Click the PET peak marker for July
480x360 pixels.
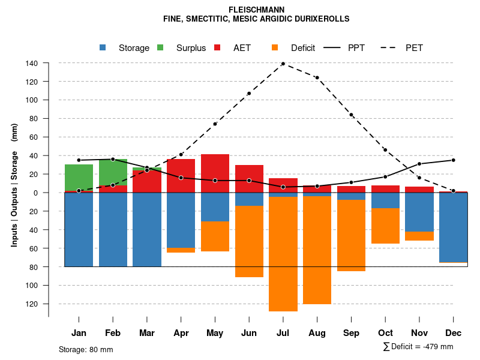pos(283,64)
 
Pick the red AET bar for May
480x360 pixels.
pos(215,173)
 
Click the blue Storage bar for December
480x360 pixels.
pos(453,227)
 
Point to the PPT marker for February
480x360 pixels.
pos(113,159)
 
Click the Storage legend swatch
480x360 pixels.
pos(104,47)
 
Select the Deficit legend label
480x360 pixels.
pos(302,48)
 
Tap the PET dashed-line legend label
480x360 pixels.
pos(414,48)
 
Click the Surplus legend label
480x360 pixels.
pos(191,48)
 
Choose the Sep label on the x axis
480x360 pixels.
pos(351,333)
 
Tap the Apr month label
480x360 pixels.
pos(181,333)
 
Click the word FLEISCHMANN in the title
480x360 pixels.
pos(257,10)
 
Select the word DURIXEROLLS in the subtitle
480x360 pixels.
pos(321,19)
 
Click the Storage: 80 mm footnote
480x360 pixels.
pos(86,349)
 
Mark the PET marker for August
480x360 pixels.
pos(317,77)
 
